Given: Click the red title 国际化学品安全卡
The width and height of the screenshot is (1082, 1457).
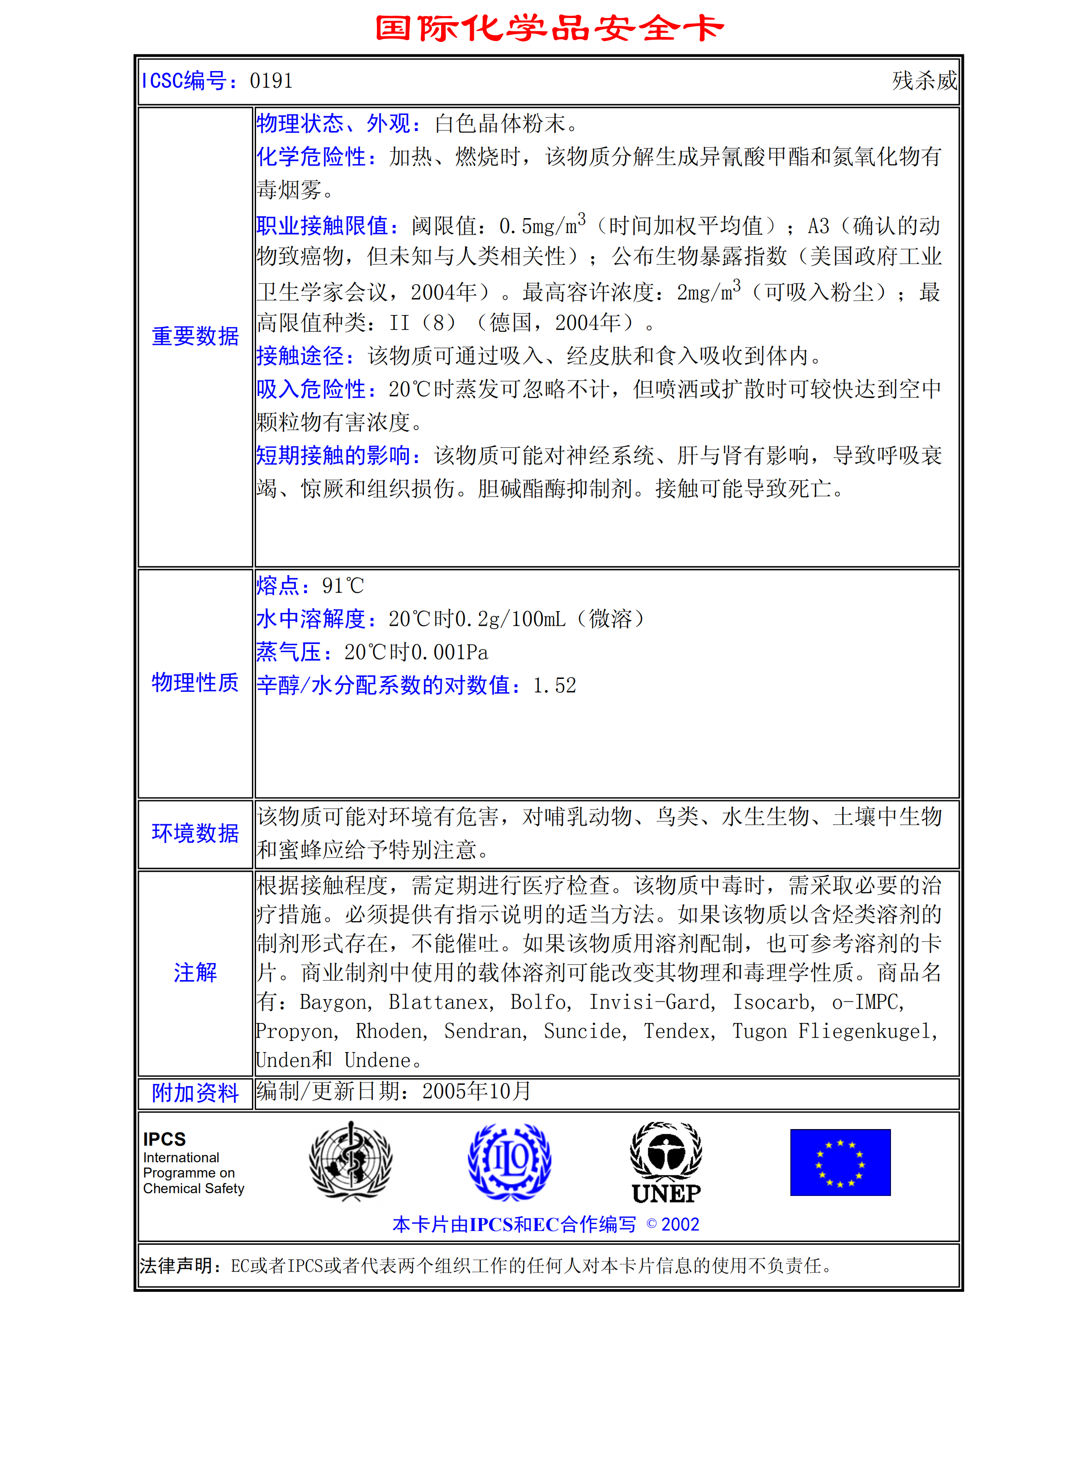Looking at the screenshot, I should pos(549,28).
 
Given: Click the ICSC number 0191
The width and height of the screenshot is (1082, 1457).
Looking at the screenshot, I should pos(271,81).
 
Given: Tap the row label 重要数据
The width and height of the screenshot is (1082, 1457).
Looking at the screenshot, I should pos(195,336).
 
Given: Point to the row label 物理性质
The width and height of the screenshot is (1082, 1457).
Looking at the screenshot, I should pos(195,683).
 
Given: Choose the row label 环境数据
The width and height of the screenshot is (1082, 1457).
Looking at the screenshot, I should pos(195,833).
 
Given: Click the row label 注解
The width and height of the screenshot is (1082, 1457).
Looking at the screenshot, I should pos(195,973).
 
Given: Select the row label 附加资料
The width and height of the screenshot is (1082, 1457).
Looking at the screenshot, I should pos(195,1093).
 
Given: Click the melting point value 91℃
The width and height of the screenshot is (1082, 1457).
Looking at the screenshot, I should pos(342,586).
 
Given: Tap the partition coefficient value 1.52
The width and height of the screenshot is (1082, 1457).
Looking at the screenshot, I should pos(555,686).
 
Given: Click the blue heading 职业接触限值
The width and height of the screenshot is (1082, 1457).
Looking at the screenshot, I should pos(327,226).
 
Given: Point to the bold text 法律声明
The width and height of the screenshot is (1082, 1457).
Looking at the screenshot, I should pos(181,1266).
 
